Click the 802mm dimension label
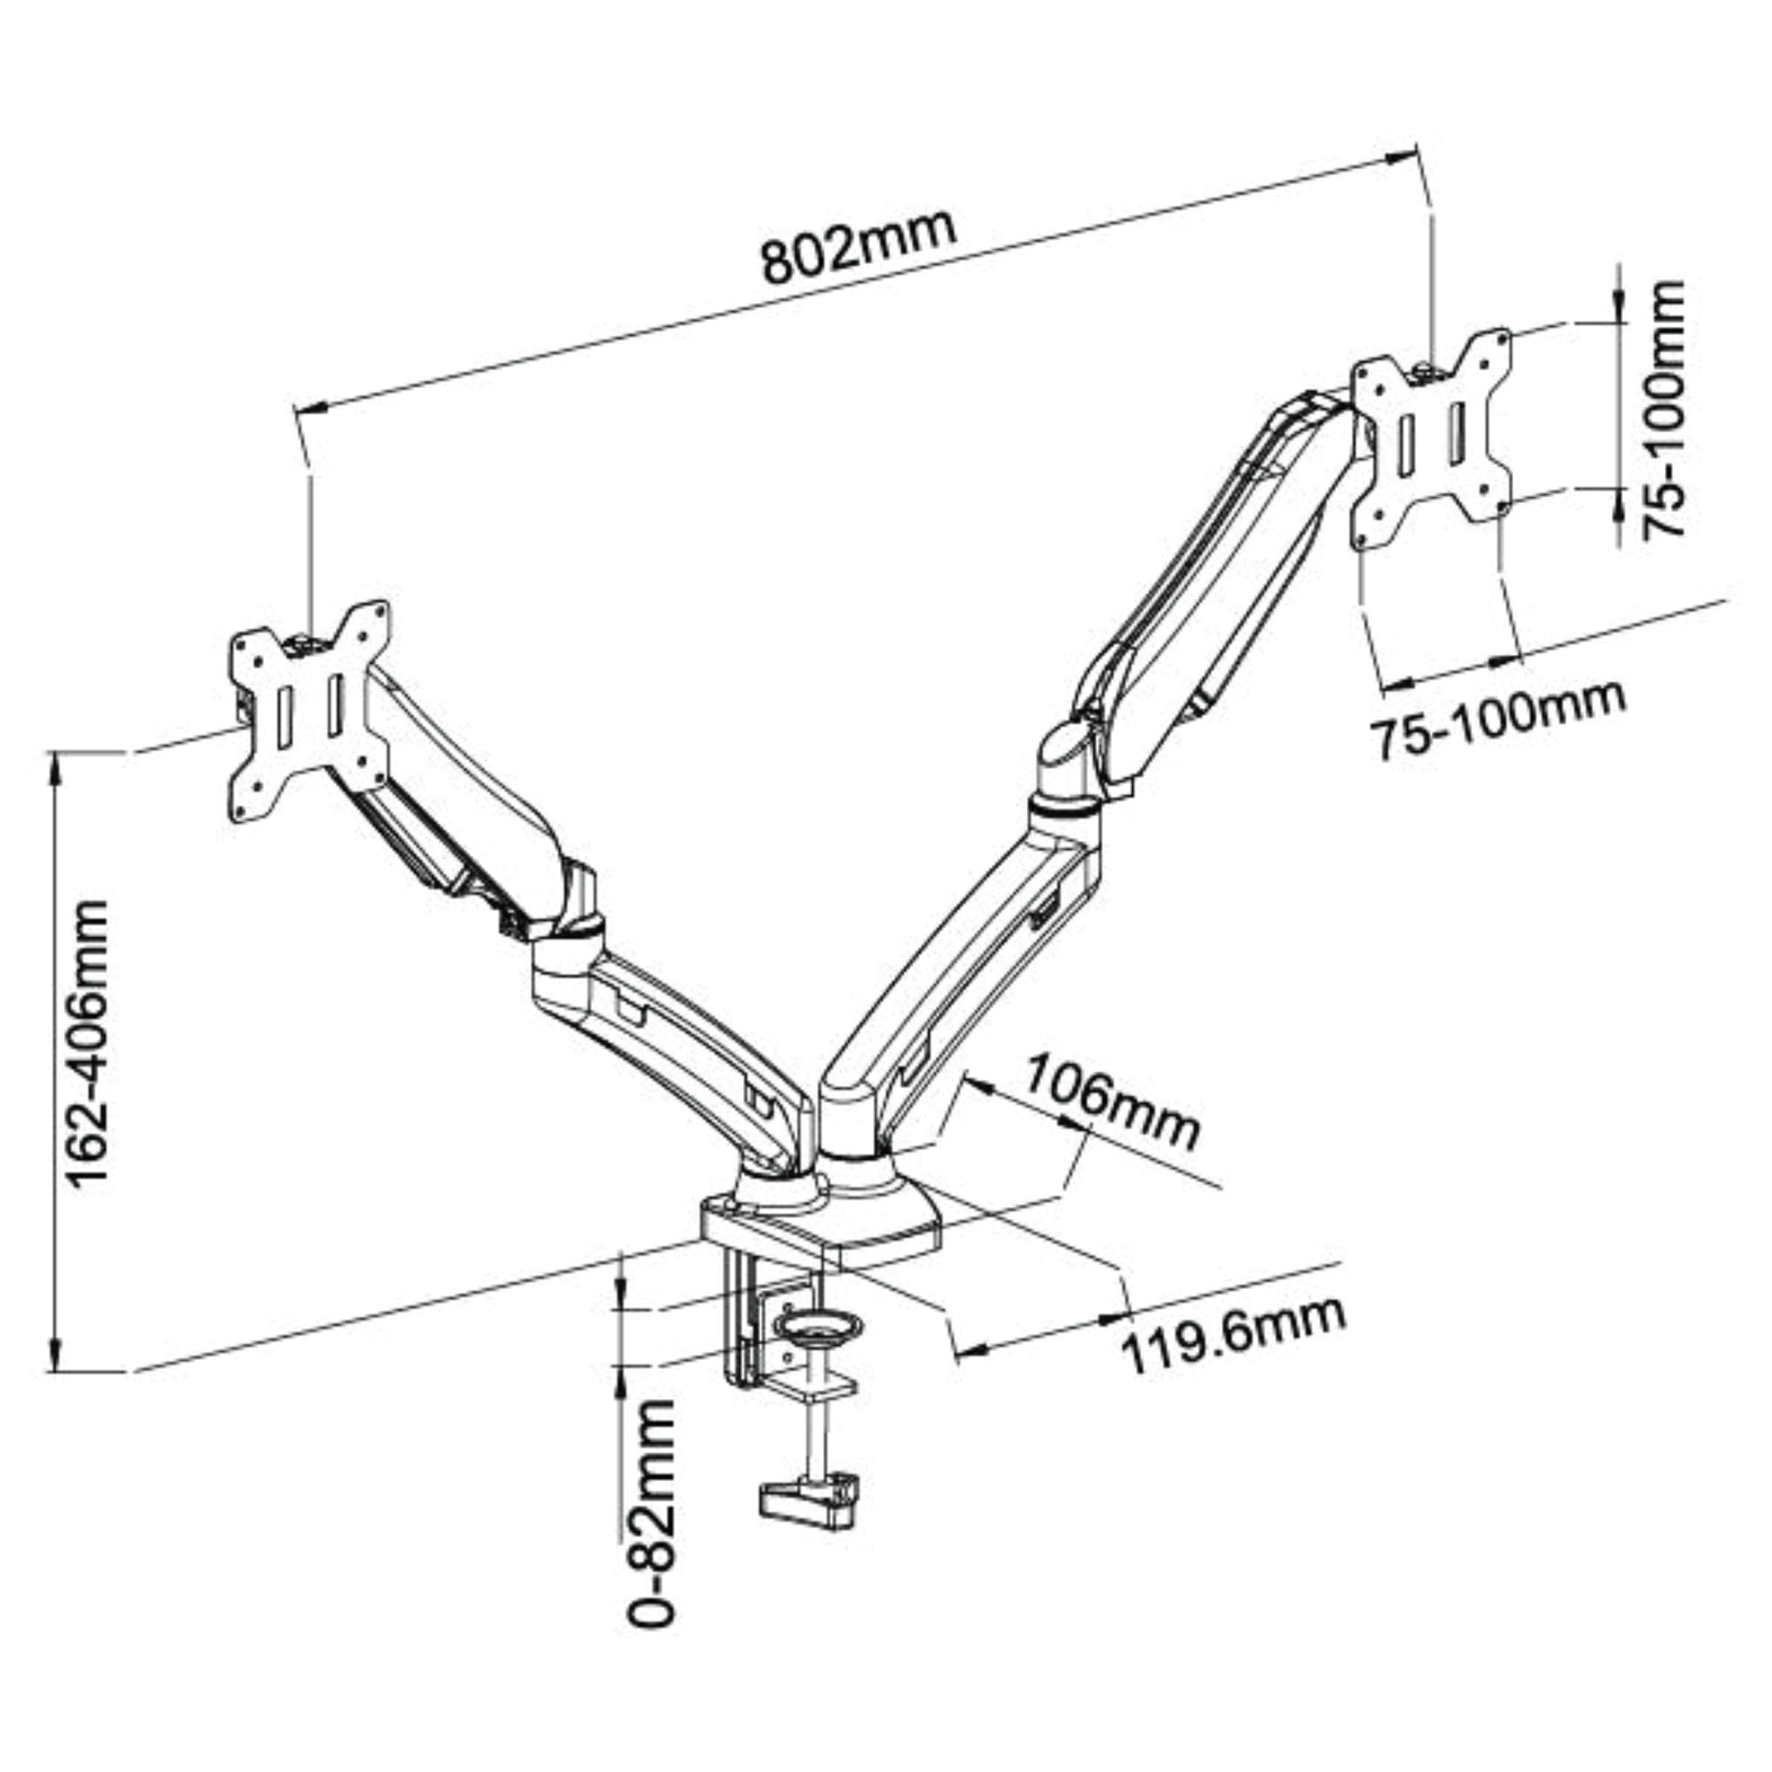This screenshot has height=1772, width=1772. (859, 248)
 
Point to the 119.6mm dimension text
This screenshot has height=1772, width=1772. (1234, 1334)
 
